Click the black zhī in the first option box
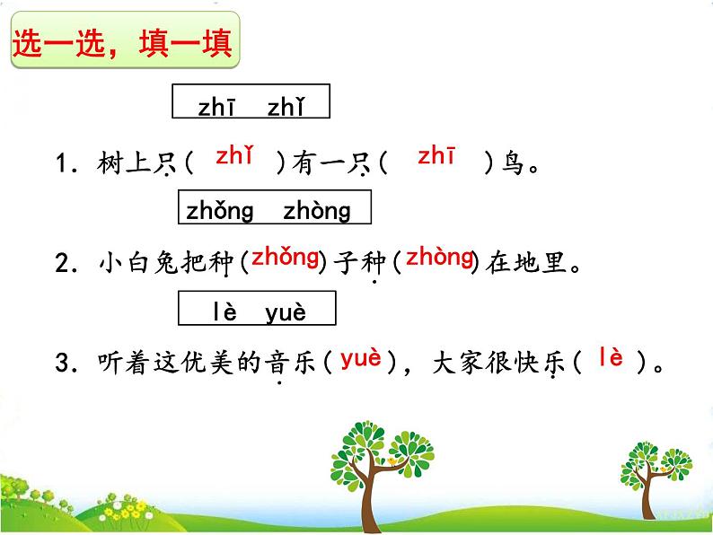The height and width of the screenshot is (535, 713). click(x=216, y=109)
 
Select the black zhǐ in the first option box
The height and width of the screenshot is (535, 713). click(x=286, y=109)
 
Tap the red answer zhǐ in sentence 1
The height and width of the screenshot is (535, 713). click(x=234, y=157)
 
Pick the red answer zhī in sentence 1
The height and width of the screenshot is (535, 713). click(x=436, y=157)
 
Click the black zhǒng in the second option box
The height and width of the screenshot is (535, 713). click(x=220, y=211)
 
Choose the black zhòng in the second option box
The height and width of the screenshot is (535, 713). click(x=316, y=211)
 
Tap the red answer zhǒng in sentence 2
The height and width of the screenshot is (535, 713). click(x=285, y=259)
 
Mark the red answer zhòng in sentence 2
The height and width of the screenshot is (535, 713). click(x=439, y=259)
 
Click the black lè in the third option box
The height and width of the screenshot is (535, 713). click(x=224, y=311)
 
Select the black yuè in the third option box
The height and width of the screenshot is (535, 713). click(x=286, y=312)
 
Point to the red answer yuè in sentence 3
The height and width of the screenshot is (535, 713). click(x=362, y=360)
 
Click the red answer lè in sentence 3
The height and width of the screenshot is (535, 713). click(x=611, y=359)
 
